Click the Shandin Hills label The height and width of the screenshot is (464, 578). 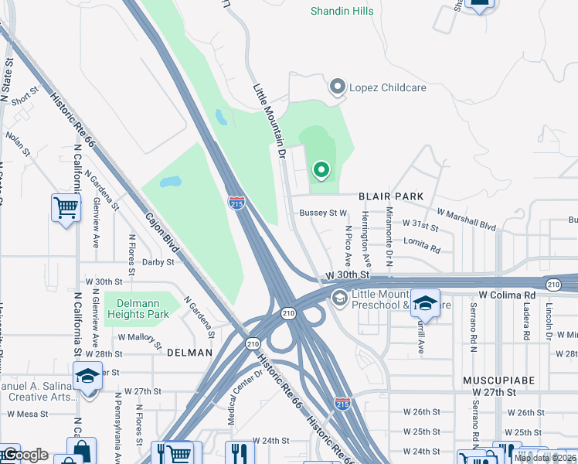[x=342, y=11]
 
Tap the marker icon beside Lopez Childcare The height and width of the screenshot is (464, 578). [x=337, y=87]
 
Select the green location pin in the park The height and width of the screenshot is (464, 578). [x=321, y=169]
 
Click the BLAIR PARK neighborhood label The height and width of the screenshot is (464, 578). [x=390, y=196]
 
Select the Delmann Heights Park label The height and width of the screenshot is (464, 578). [x=137, y=309]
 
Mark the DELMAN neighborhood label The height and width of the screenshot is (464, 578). [x=189, y=353]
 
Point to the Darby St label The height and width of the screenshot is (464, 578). [x=158, y=262]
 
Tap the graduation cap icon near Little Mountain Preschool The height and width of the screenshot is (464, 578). [x=424, y=303]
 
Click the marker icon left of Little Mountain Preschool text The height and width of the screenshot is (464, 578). [x=338, y=298]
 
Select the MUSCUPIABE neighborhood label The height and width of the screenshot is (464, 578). [x=495, y=381]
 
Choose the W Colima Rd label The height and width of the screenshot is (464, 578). [x=507, y=295]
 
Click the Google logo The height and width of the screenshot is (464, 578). [x=25, y=454]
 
